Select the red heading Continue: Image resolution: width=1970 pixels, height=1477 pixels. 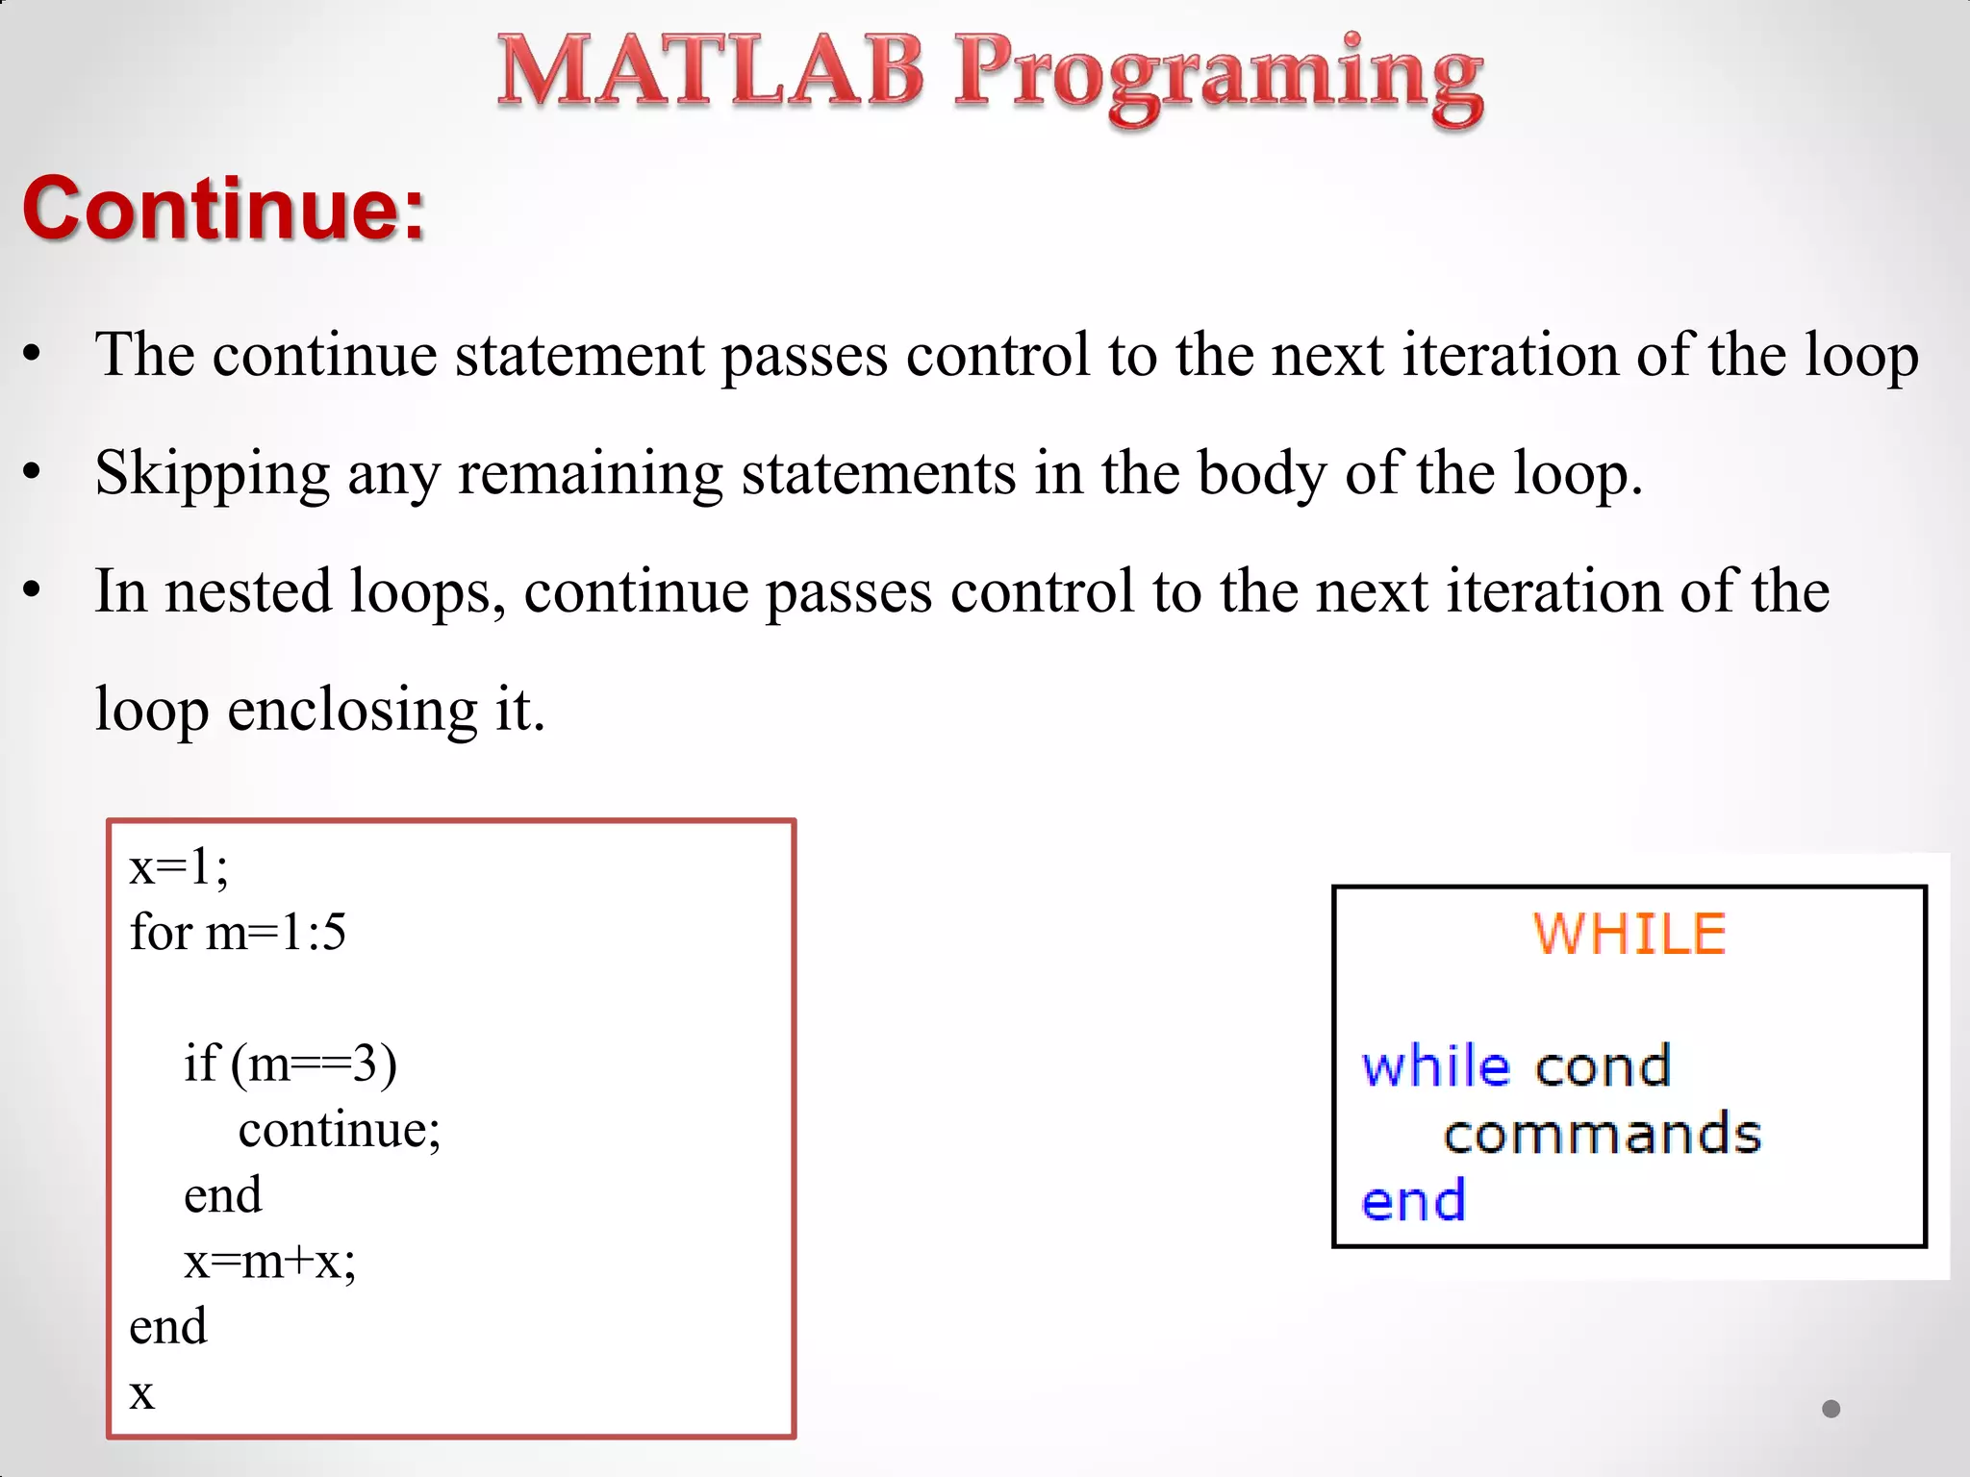(x=223, y=208)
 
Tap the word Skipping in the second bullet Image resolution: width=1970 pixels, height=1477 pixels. (x=213, y=474)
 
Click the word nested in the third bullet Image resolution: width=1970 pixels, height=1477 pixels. (x=248, y=591)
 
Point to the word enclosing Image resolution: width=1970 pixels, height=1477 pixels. (x=352, y=711)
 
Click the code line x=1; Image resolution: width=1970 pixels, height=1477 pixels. (x=179, y=866)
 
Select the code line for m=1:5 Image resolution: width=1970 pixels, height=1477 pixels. (x=238, y=932)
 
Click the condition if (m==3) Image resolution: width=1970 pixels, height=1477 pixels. (x=290, y=1064)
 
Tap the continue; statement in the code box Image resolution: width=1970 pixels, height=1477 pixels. (x=339, y=1129)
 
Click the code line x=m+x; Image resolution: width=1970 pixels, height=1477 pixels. (x=269, y=1261)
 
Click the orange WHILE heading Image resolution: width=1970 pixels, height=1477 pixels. (x=1629, y=934)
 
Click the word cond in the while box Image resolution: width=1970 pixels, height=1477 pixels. (x=1604, y=1066)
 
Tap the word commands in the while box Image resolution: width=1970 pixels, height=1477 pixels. (x=1603, y=1134)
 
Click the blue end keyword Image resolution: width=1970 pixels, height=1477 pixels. (x=1413, y=1201)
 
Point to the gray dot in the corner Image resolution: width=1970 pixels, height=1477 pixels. (x=1831, y=1409)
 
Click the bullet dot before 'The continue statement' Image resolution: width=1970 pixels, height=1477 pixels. (x=33, y=354)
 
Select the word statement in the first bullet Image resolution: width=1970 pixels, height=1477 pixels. (x=579, y=355)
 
